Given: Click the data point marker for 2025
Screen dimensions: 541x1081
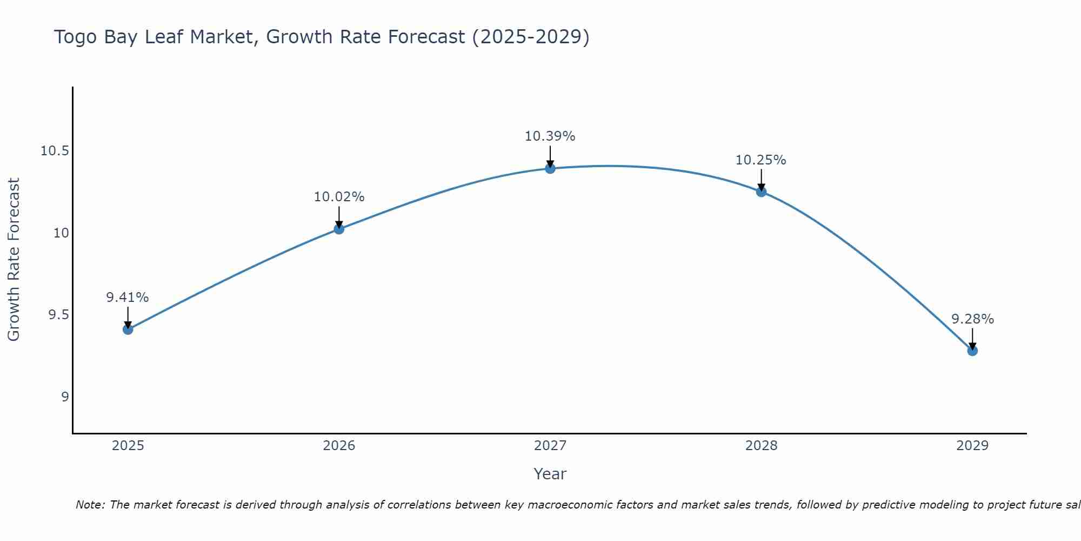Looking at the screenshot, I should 128,329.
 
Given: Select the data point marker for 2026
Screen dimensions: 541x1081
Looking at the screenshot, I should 339,229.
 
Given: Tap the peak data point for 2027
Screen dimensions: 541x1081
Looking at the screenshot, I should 550,168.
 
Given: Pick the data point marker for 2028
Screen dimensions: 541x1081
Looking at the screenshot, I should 761,192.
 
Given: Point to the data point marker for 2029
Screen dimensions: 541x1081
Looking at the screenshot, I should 972,351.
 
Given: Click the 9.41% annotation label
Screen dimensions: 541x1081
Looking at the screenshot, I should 128,298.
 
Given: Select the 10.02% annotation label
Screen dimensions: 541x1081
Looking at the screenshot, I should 339,197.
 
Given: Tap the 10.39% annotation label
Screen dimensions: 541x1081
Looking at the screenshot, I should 550,136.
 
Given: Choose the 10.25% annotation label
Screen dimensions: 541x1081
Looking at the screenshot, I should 761,160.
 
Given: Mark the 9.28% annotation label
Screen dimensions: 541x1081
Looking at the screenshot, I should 972,319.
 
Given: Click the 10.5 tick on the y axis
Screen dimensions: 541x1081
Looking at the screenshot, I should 55,151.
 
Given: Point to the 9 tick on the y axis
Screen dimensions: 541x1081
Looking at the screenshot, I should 65,397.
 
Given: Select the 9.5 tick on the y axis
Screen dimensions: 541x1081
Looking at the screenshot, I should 58,315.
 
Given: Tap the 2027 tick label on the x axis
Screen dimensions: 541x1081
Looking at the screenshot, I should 550,446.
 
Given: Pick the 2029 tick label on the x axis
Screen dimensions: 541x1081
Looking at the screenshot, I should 972,446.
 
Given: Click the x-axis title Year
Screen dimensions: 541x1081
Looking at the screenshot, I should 550,474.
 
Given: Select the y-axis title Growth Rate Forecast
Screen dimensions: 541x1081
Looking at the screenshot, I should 14,260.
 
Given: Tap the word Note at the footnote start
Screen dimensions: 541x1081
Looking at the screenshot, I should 90,505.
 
